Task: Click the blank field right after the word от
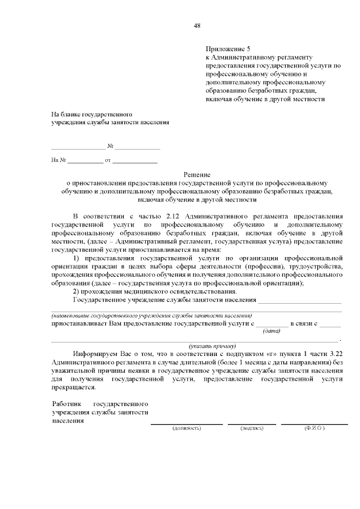click(x=135, y=161)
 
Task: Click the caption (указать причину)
click(x=212, y=345)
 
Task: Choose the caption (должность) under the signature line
click(x=186, y=428)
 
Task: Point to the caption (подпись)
click(x=251, y=428)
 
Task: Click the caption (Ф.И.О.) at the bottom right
click(x=314, y=428)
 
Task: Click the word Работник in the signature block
click(x=66, y=404)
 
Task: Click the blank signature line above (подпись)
click(x=251, y=423)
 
